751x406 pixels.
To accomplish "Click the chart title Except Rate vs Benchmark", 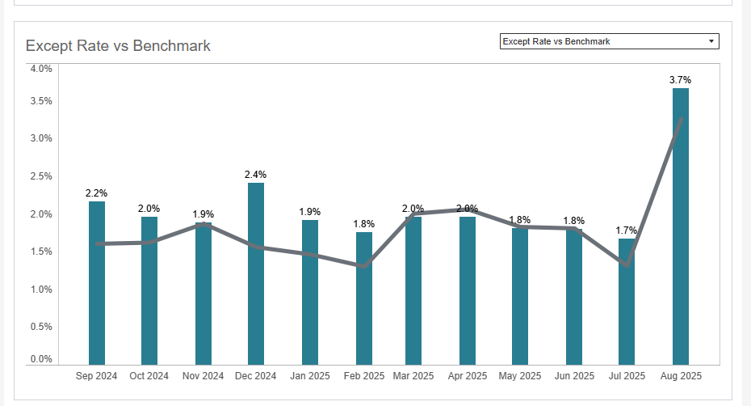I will [118, 45].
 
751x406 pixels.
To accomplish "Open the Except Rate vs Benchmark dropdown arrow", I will [711, 41].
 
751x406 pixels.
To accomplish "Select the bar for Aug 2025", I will [681, 226].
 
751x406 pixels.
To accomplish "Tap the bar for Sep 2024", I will [97, 283].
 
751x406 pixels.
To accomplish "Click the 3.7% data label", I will [681, 80].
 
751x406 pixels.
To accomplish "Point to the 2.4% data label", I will [255, 175].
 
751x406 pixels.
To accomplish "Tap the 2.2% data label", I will [97, 193].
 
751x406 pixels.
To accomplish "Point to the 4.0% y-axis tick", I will [41, 69].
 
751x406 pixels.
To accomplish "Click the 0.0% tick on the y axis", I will [41, 359].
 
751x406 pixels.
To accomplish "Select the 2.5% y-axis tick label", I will [41, 176].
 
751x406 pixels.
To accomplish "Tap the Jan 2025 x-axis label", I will [309, 376].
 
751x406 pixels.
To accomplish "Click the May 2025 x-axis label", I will [520, 376].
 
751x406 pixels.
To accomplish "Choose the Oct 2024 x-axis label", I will [149, 376].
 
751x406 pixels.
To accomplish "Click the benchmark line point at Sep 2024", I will [97, 243].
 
